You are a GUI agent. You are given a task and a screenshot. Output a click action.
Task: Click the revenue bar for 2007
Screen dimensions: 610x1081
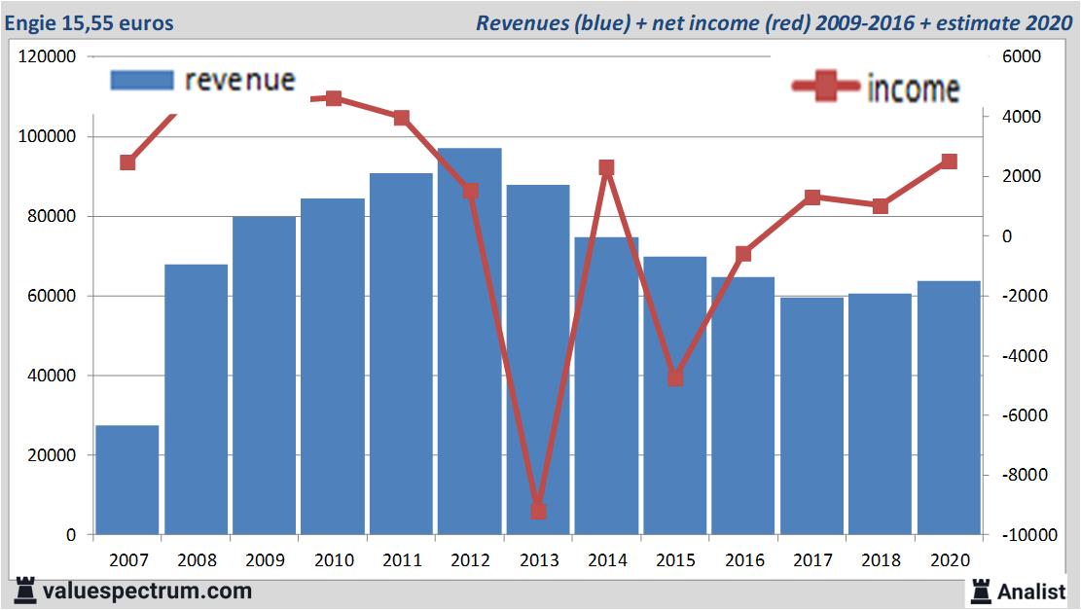click(x=127, y=480)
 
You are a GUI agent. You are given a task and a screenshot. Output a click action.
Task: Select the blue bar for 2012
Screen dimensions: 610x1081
click(x=469, y=341)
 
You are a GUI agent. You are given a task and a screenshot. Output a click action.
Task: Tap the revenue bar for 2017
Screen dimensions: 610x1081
click(x=811, y=415)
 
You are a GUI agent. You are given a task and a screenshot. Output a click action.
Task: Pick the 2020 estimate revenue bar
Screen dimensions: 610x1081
click(x=949, y=408)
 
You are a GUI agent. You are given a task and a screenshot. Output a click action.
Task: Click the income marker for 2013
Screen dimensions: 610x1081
click(x=538, y=511)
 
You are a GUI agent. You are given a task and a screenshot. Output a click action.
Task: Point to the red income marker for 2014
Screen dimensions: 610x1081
click(x=606, y=168)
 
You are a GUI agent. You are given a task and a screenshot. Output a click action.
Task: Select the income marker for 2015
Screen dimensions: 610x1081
click(x=675, y=377)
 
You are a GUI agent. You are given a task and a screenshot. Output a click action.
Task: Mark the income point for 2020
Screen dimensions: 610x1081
click(x=949, y=161)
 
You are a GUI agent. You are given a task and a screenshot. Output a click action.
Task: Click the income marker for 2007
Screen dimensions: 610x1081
click(x=127, y=162)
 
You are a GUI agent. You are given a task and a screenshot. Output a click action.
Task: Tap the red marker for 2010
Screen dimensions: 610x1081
click(x=333, y=98)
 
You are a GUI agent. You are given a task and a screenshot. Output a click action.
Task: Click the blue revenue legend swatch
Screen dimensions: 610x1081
click(x=142, y=80)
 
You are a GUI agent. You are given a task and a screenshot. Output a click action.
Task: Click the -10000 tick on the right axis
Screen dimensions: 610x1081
click(x=1017, y=535)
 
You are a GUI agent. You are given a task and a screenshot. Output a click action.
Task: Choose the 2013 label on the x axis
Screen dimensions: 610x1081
click(x=538, y=561)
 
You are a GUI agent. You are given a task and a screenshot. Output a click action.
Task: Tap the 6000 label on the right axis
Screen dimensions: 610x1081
click(x=1022, y=57)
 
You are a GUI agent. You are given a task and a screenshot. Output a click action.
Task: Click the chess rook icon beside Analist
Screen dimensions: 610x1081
click(x=981, y=591)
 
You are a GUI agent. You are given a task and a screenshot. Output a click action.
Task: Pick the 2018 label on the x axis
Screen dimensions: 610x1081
click(x=880, y=561)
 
